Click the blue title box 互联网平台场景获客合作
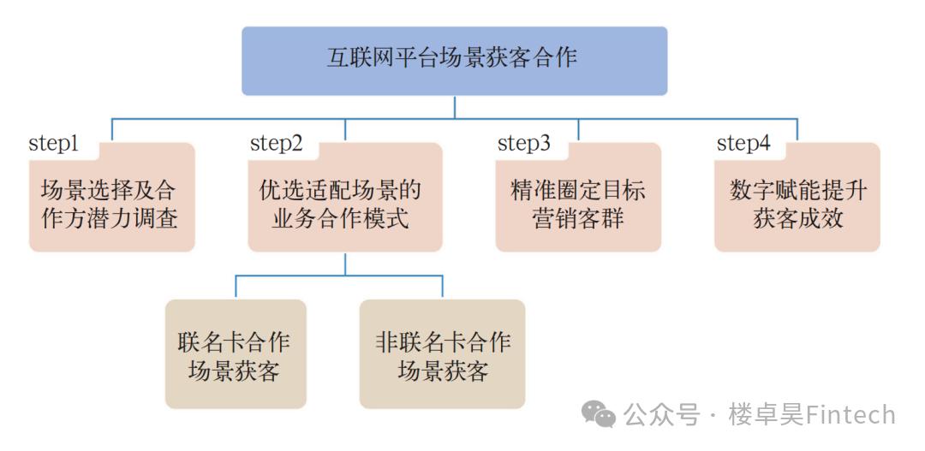click(x=454, y=60)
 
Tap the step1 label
click(x=53, y=143)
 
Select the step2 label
click(x=276, y=143)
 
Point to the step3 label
click(x=523, y=143)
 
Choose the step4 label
click(x=743, y=143)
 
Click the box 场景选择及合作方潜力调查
click(x=111, y=204)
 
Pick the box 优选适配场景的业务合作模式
click(x=344, y=204)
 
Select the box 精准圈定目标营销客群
click(x=578, y=204)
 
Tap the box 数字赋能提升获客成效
click(x=797, y=204)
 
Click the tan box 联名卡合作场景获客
click(x=236, y=354)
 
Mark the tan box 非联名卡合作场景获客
click(x=442, y=354)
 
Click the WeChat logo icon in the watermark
click(x=599, y=414)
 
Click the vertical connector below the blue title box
click(x=454, y=106)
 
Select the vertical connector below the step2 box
click(x=344, y=264)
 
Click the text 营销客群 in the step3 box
click(x=578, y=217)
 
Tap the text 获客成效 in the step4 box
click(x=797, y=217)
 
